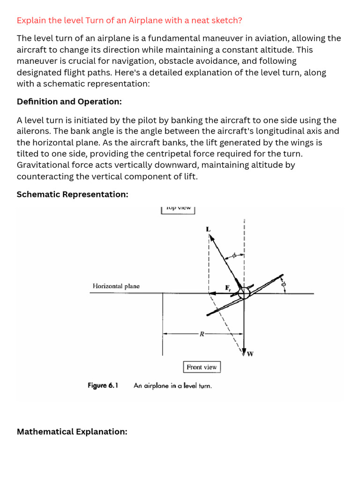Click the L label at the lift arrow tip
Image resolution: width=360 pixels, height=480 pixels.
tap(208, 229)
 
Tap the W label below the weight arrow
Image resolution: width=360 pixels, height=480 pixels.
tap(250, 354)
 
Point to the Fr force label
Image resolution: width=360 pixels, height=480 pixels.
tap(228, 287)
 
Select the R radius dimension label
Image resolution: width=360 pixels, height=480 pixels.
tap(202, 334)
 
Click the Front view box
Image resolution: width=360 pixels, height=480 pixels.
tap(202, 367)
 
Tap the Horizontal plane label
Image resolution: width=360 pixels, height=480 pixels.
tap(116, 286)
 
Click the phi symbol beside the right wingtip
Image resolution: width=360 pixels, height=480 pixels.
tap(283, 284)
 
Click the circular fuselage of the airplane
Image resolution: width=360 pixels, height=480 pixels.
tap(244, 293)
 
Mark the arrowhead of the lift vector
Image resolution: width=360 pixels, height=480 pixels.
tap(212, 238)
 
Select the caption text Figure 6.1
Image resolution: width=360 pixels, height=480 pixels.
tap(103, 386)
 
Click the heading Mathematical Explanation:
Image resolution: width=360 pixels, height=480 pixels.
tap(72, 432)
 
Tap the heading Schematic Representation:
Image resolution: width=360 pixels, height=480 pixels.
tap(72, 194)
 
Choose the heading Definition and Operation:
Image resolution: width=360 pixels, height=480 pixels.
tap(69, 102)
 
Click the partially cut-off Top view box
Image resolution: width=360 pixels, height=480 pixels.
tap(178, 209)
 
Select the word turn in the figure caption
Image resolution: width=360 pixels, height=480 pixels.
tap(205, 386)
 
